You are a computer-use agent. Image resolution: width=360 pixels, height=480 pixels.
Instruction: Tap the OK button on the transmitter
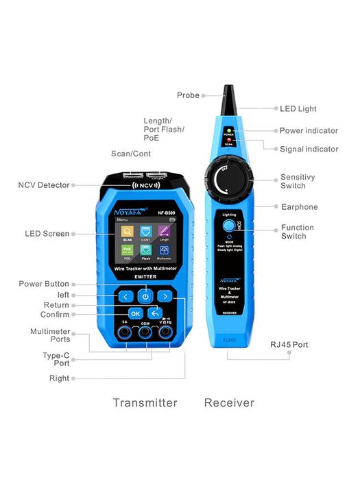point(135,313)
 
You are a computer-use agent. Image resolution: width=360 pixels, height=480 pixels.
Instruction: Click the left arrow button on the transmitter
point(124,296)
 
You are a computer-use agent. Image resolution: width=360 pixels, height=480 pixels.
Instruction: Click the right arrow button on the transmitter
point(165,296)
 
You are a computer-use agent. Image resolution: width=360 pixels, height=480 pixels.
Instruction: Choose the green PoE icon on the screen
point(128,252)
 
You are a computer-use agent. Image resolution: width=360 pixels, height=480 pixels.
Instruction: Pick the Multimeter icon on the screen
point(165,252)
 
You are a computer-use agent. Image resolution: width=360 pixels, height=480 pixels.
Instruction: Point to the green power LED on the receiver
point(230,130)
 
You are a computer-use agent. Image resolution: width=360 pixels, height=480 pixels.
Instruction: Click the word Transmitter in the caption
point(145,403)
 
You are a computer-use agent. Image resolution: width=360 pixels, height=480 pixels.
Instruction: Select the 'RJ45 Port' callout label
point(289,344)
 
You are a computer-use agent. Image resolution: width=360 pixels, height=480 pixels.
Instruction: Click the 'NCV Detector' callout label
point(44,184)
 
